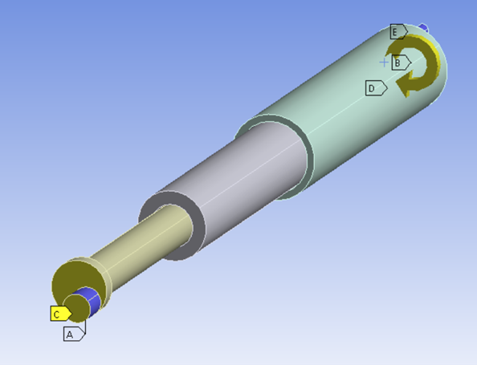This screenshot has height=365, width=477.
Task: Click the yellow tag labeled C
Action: [61, 314]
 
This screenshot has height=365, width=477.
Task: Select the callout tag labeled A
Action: [74, 334]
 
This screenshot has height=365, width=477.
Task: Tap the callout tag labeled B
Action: [402, 63]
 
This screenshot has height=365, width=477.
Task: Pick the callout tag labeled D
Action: [376, 88]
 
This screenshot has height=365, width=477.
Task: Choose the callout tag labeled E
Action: [399, 31]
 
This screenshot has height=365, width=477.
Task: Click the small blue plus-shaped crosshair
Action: [384, 63]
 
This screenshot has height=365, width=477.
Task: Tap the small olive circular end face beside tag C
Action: [76, 307]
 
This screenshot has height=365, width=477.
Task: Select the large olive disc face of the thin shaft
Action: [76, 280]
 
